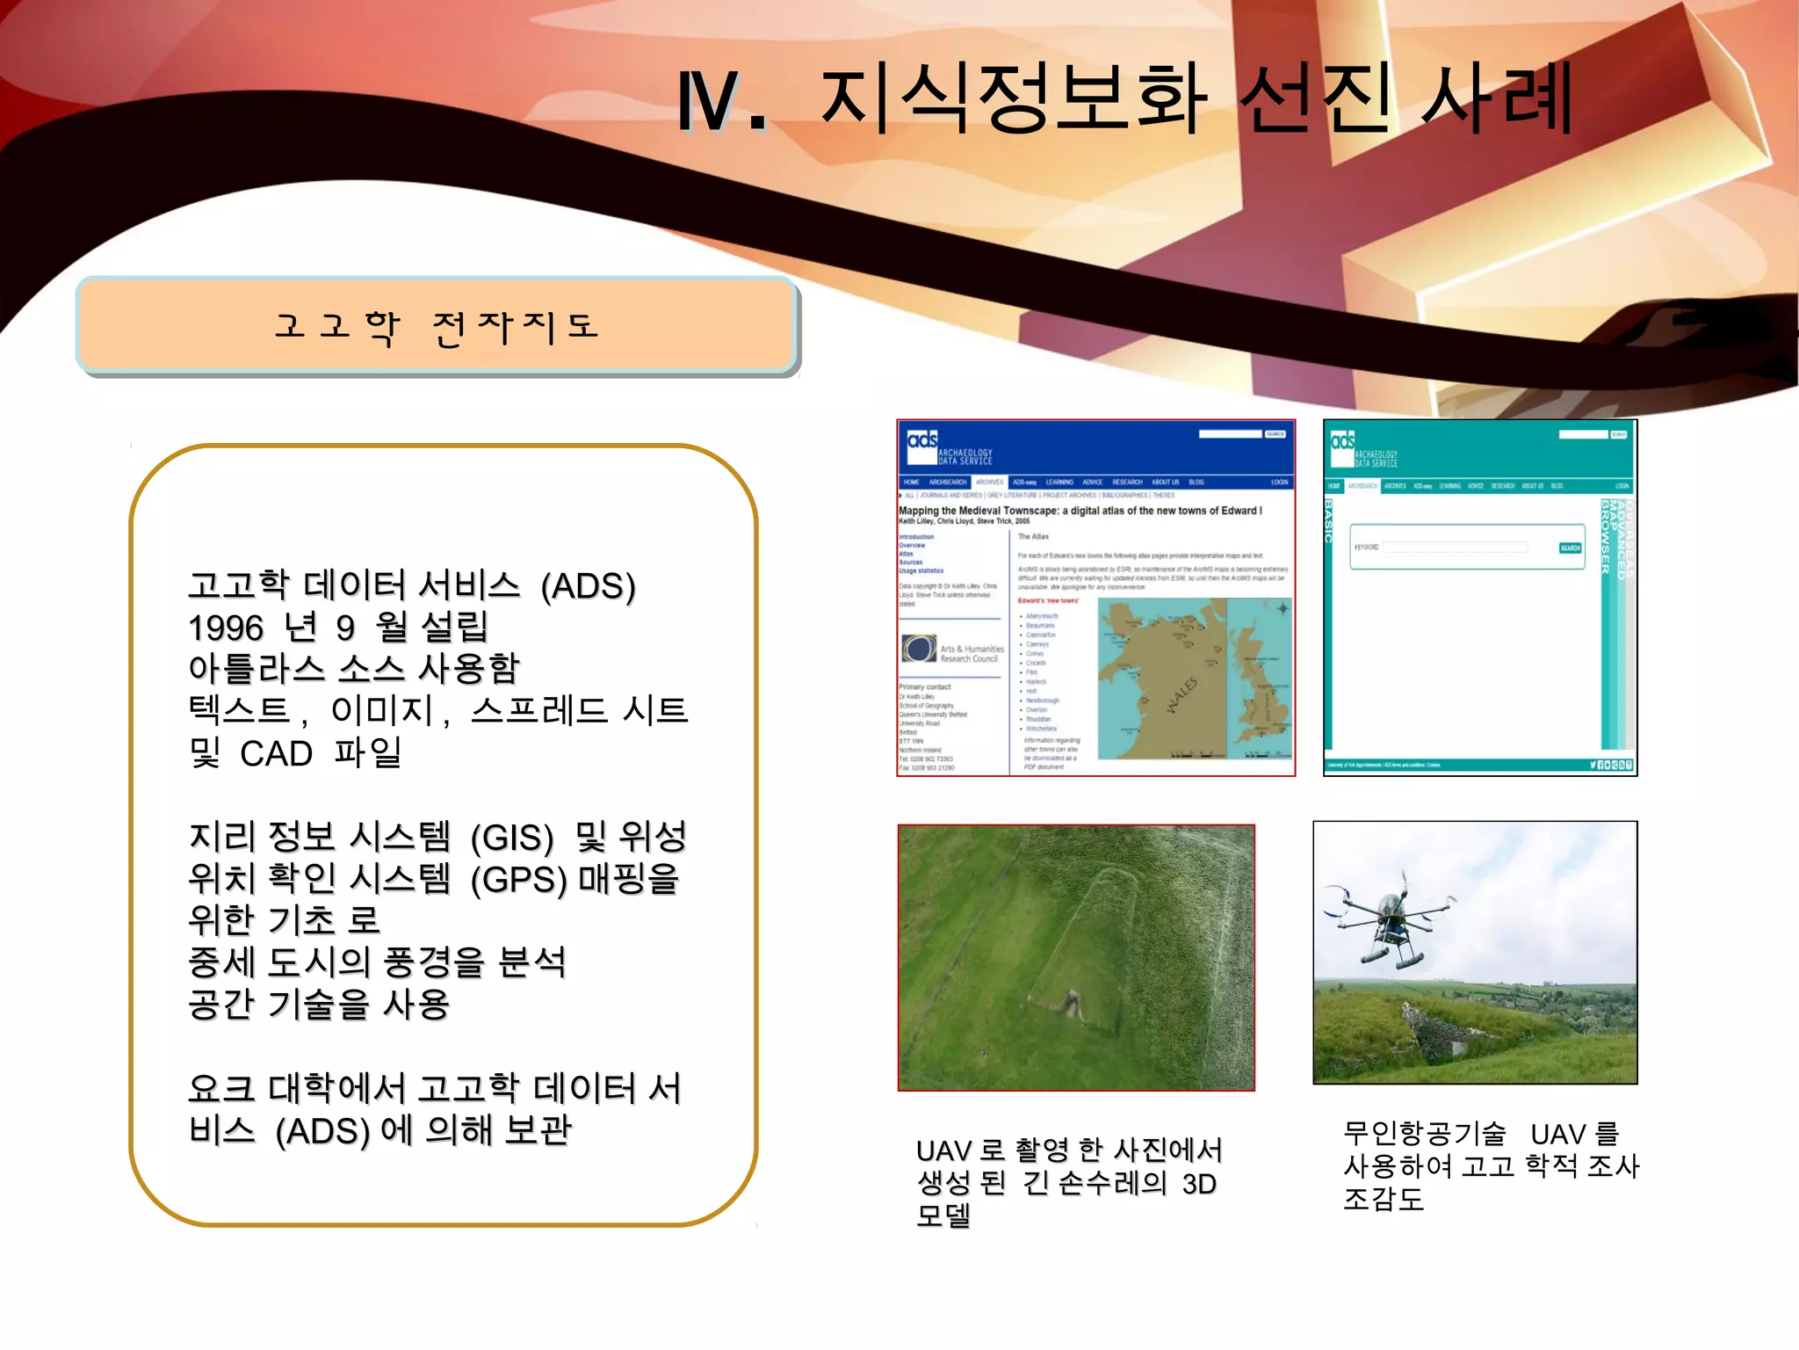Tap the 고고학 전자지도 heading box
click(437, 326)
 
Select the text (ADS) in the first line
click(588, 586)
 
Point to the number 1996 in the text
click(226, 628)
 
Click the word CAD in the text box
click(276, 754)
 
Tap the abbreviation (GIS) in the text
click(512, 838)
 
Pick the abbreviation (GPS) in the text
click(519, 880)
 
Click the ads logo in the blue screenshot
click(922, 440)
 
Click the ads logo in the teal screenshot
click(1342, 440)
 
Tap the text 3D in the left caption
click(1199, 1185)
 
